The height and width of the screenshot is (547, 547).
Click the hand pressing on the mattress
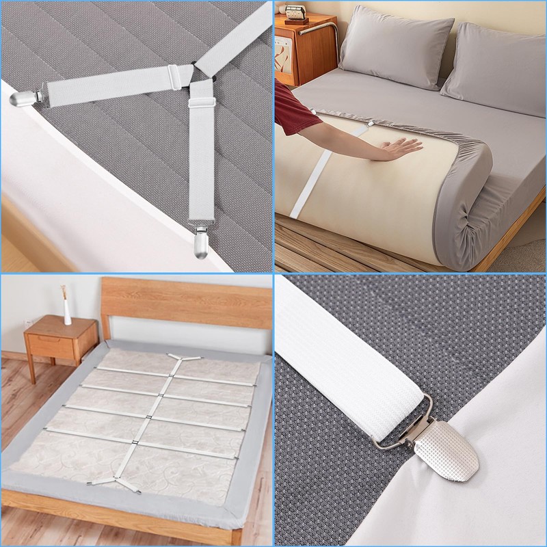click(399, 147)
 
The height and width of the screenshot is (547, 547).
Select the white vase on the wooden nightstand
click(67, 311)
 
